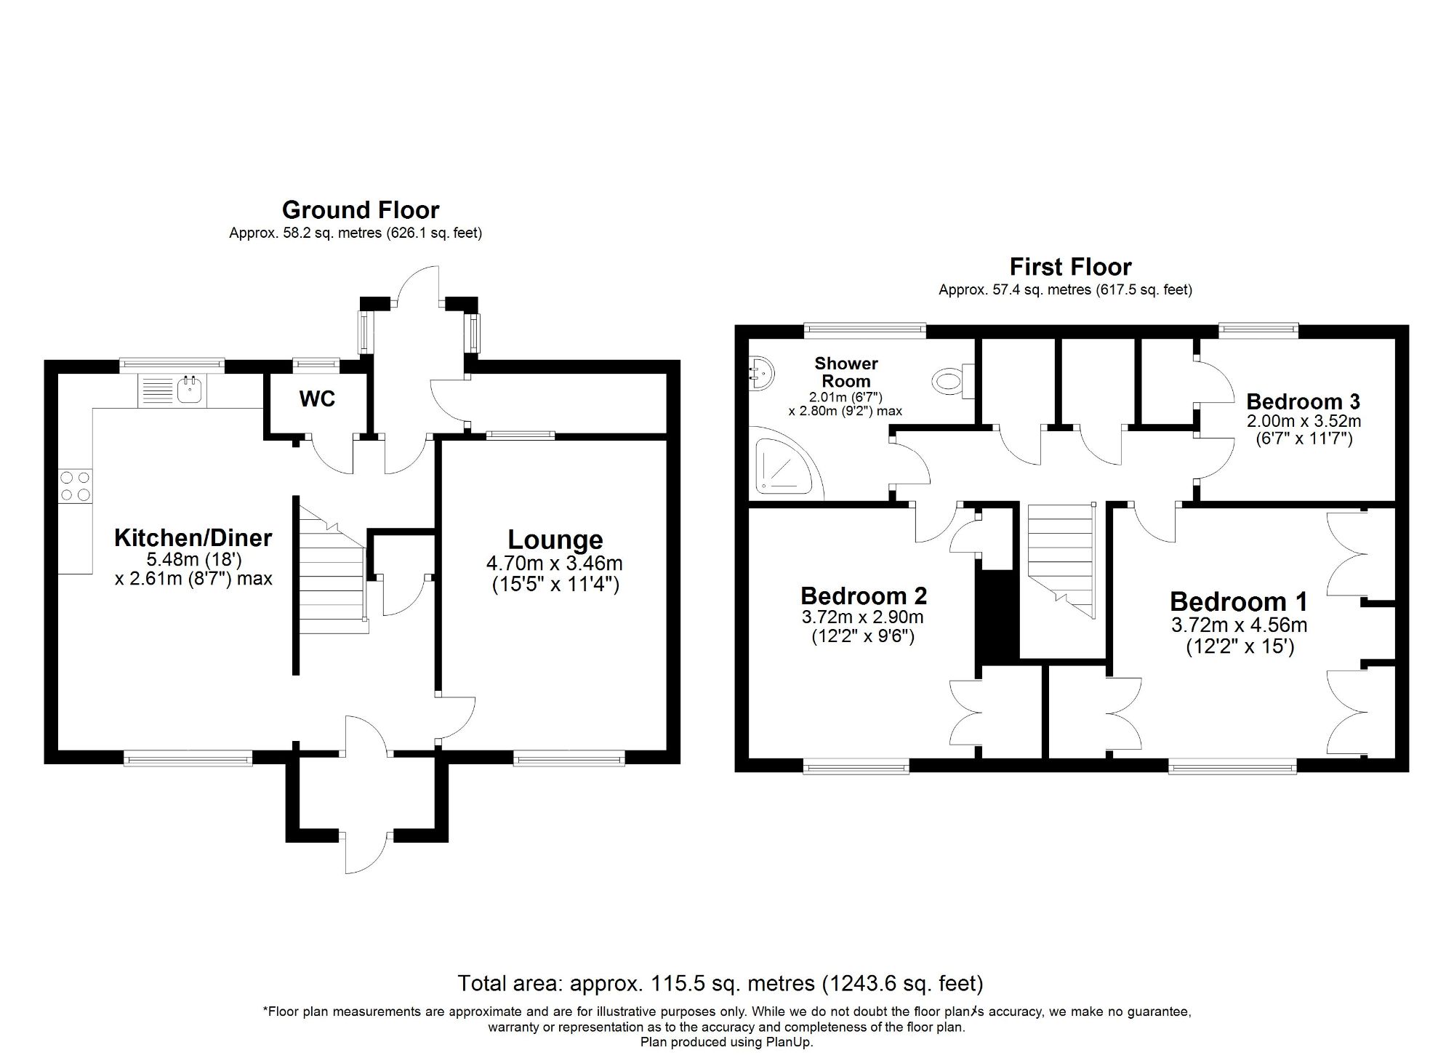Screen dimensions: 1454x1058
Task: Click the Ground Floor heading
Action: tap(361, 210)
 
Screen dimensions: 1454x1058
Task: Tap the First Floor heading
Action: tap(1071, 267)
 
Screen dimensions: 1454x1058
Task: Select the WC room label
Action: tap(317, 398)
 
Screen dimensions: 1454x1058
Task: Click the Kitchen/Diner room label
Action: tap(193, 538)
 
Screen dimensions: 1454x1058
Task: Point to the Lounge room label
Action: tap(555, 540)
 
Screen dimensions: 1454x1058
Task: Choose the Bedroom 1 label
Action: tap(1239, 601)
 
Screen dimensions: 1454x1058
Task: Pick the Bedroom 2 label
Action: tap(864, 596)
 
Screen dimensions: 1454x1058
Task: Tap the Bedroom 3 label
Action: tap(1304, 401)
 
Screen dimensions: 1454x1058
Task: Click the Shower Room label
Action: tap(846, 372)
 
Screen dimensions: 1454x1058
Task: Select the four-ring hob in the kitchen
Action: tap(76, 486)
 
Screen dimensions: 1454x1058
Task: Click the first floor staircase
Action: tap(1061, 560)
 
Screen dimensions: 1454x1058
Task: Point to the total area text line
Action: tap(720, 983)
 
